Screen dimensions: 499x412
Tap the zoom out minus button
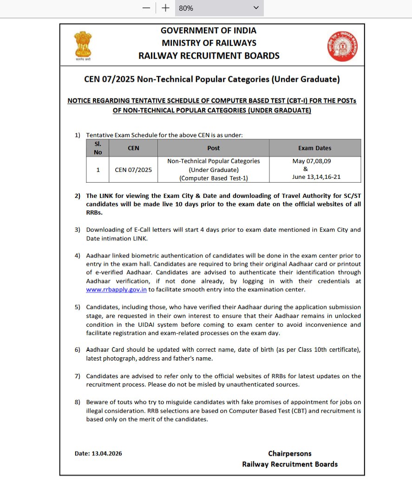[x=146, y=8]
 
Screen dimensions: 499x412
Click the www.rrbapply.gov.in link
[x=116, y=289]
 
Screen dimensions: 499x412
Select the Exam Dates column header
[x=314, y=148]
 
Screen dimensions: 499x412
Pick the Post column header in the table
[x=213, y=148]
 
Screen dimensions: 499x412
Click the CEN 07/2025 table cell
[x=133, y=170]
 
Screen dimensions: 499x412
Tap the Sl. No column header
[x=98, y=148]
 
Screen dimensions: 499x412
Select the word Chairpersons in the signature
[x=290, y=453]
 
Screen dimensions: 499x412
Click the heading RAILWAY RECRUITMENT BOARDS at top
[x=209, y=56]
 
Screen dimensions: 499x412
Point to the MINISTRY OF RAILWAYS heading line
[x=209, y=43]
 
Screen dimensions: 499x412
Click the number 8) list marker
[x=78, y=402]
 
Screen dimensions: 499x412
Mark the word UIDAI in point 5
[x=137, y=325]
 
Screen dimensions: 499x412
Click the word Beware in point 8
[x=96, y=402]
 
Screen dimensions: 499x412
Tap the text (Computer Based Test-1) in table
[x=213, y=178]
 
